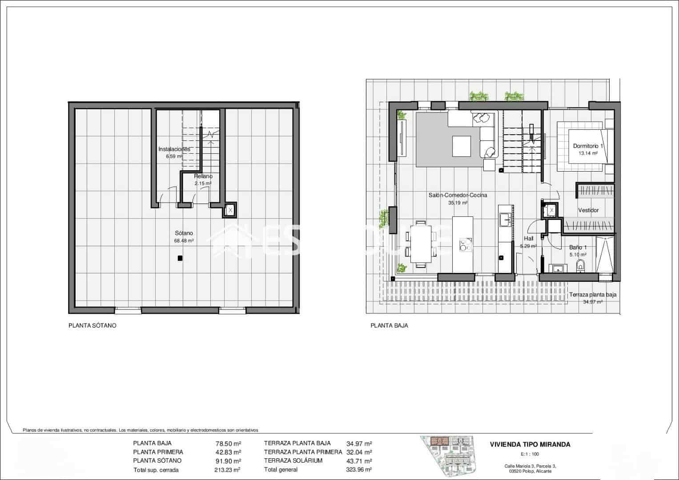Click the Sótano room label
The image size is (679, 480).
pos(184,233)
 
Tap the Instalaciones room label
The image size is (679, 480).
pos(174,149)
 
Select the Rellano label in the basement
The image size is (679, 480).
pos(203,176)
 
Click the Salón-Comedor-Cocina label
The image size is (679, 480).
pos(458,195)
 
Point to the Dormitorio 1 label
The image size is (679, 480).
pos(588,146)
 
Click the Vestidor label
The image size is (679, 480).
pos(588,210)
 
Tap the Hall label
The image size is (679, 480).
pos(528,239)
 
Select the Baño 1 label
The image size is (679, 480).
pos(578,248)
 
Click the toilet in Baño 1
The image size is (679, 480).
pos(580,266)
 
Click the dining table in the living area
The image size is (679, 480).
pos(420,244)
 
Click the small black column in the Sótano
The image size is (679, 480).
pos(179,258)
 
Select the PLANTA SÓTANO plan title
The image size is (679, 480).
pos(92,325)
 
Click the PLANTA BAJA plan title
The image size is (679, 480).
pos(389,325)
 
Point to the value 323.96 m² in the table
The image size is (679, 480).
pos(359,469)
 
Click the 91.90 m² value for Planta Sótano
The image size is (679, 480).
pos(228,461)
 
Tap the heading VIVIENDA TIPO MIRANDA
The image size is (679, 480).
pos(530,444)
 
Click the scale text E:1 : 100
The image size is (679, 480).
pos(529,454)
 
